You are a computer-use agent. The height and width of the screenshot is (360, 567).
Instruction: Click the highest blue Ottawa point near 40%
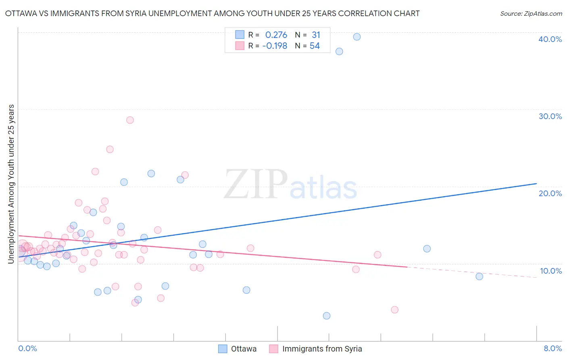point(357,37)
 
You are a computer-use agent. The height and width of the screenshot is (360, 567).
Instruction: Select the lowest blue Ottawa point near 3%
point(327,316)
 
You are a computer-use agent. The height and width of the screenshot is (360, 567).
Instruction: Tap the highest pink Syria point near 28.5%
point(130,120)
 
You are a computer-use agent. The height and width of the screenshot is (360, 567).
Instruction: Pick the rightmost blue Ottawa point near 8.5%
point(479,276)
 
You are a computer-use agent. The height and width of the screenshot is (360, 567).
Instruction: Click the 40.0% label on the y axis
point(550,39)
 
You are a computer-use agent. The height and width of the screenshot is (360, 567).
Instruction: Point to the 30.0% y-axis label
point(550,116)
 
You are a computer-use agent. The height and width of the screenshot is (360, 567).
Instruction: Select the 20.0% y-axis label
point(550,193)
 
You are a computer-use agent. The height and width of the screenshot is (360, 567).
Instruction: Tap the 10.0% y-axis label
point(551,271)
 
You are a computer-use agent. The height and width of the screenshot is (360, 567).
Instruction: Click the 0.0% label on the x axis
point(27,348)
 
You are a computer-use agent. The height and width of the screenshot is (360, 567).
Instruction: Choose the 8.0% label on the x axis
point(552,348)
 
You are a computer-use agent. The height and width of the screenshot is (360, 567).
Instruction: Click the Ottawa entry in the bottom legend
point(244,349)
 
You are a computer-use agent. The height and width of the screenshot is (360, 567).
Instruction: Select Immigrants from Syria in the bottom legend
point(322,349)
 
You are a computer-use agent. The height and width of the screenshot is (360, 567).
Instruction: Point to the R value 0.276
point(276,35)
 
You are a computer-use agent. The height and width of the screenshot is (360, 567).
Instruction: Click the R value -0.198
point(275,46)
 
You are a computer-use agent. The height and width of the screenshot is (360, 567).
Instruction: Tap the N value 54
point(315,46)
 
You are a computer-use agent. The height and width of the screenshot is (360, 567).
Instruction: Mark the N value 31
point(316,35)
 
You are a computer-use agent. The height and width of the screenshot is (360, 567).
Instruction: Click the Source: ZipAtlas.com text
point(531,14)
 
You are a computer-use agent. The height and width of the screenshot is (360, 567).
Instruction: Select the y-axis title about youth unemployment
point(11,184)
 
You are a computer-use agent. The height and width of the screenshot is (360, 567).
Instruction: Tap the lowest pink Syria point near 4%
point(394,310)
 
